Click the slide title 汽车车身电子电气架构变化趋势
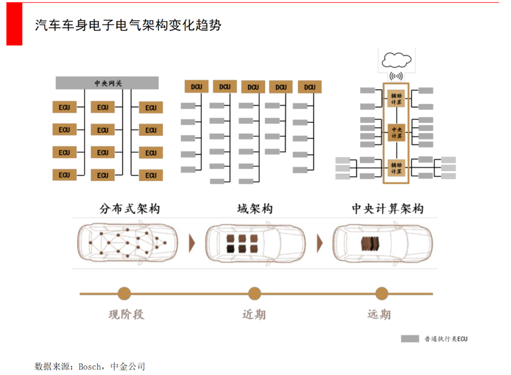coord(128,26)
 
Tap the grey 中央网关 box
coord(107,83)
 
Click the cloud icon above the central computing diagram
coord(396,60)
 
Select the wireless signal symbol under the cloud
coord(396,76)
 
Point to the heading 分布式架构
coord(129,209)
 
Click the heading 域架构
coord(255,209)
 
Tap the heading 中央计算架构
coord(387,209)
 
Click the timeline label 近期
coord(254,314)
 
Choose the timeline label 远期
coord(379,314)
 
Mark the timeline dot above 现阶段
coord(124,294)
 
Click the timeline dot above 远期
coord(381,294)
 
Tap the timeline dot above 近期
coord(255,294)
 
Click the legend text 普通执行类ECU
coord(446,339)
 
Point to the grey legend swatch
coord(410,339)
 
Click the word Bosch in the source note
coord(89,366)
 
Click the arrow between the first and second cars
coord(192,243)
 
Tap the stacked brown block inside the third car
coord(370,243)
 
